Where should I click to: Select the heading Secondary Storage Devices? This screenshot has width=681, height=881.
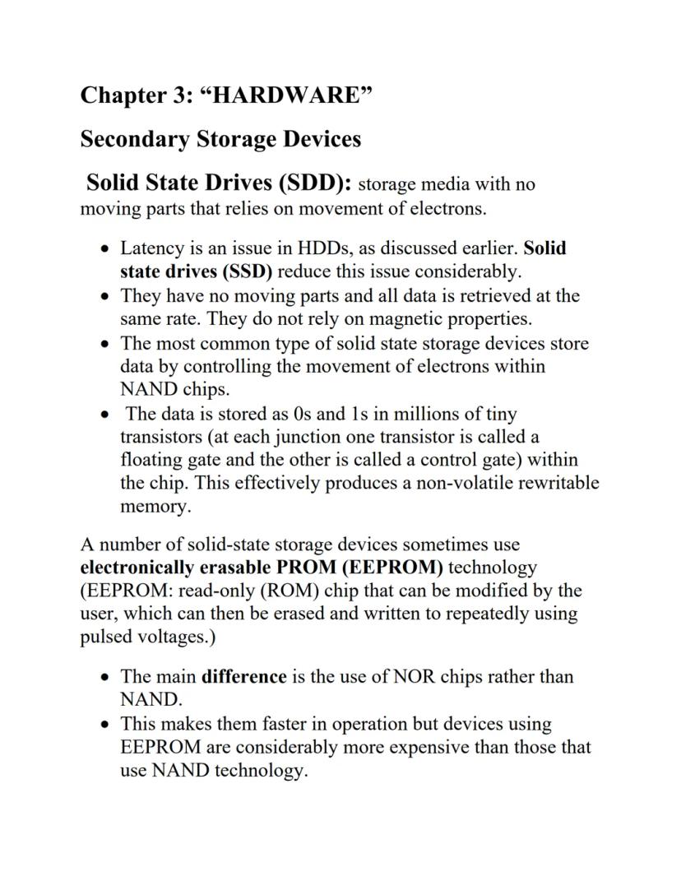[x=220, y=139]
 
